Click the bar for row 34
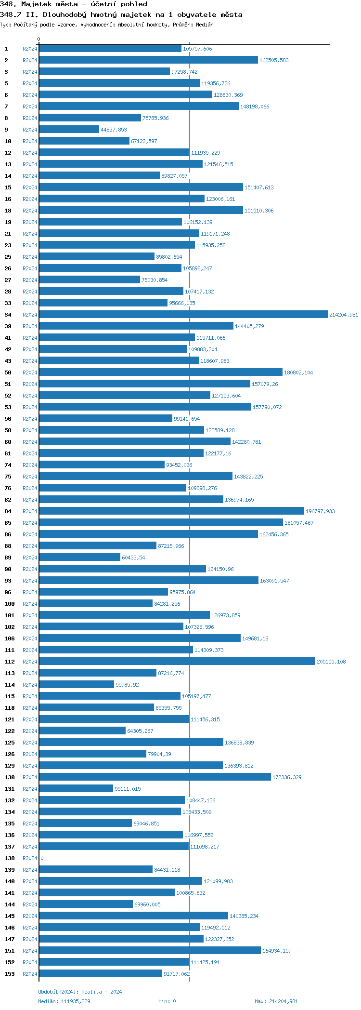tap(183, 315)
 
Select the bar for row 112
tap(177, 662)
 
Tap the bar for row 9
tap(69, 130)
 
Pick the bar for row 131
tap(76, 789)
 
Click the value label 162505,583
tap(274, 60)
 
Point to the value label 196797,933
tap(320, 511)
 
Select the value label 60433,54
tap(133, 558)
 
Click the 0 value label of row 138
tap(42, 858)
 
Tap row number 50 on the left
tap(8, 372)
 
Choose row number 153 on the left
tap(10, 974)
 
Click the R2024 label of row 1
tap(30, 49)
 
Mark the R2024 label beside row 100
tap(30, 604)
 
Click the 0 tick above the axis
tap(39, 39)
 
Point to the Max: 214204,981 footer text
tap(276, 1001)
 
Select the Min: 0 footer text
tap(167, 1001)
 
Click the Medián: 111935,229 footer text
tap(64, 1001)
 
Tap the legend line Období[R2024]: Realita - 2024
tap(80, 992)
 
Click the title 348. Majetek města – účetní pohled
tap(74, 4)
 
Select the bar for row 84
tap(171, 511)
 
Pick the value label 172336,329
tap(287, 777)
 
